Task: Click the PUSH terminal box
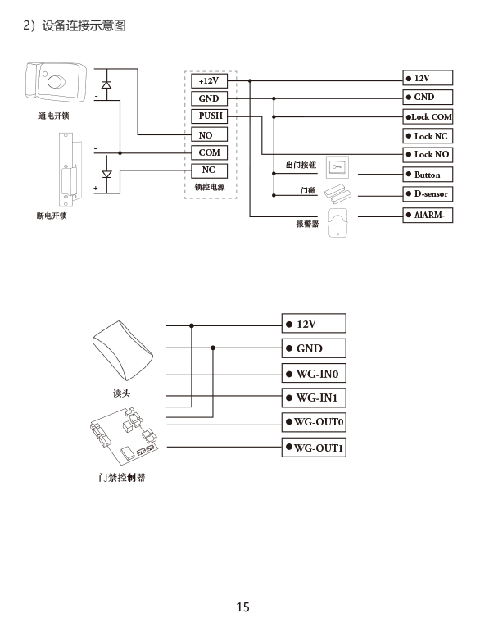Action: click(x=209, y=116)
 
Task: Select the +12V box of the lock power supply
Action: click(x=209, y=81)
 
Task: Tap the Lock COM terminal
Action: click(x=428, y=116)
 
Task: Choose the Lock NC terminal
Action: click(x=428, y=136)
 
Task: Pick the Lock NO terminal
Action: click(x=428, y=154)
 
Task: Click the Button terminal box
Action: click(x=428, y=175)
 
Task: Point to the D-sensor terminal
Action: click(x=428, y=194)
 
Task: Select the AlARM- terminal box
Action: click(x=428, y=216)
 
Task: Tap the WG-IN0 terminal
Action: click(x=314, y=373)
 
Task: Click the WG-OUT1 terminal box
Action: click(x=314, y=448)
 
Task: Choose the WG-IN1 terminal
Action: click(x=314, y=398)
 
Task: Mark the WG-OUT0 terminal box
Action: click(x=314, y=422)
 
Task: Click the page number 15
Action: click(x=243, y=607)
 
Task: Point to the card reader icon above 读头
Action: click(x=123, y=350)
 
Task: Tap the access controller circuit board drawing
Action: click(x=123, y=436)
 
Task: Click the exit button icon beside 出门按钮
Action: click(x=337, y=167)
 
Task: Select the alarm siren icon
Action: click(x=337, y=223)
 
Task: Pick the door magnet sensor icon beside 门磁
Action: click(x=337, y=193)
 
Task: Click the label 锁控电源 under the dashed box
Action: click(x=210, y=187)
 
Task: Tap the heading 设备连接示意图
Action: click(x=84, y=26)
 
